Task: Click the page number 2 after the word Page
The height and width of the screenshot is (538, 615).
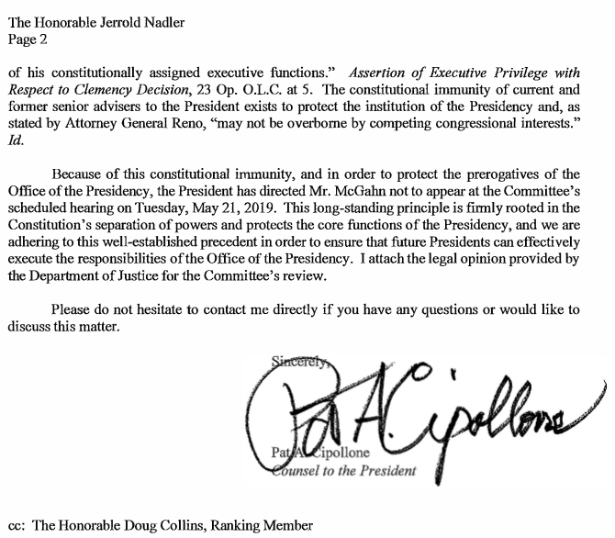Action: click(x=41, y=39)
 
